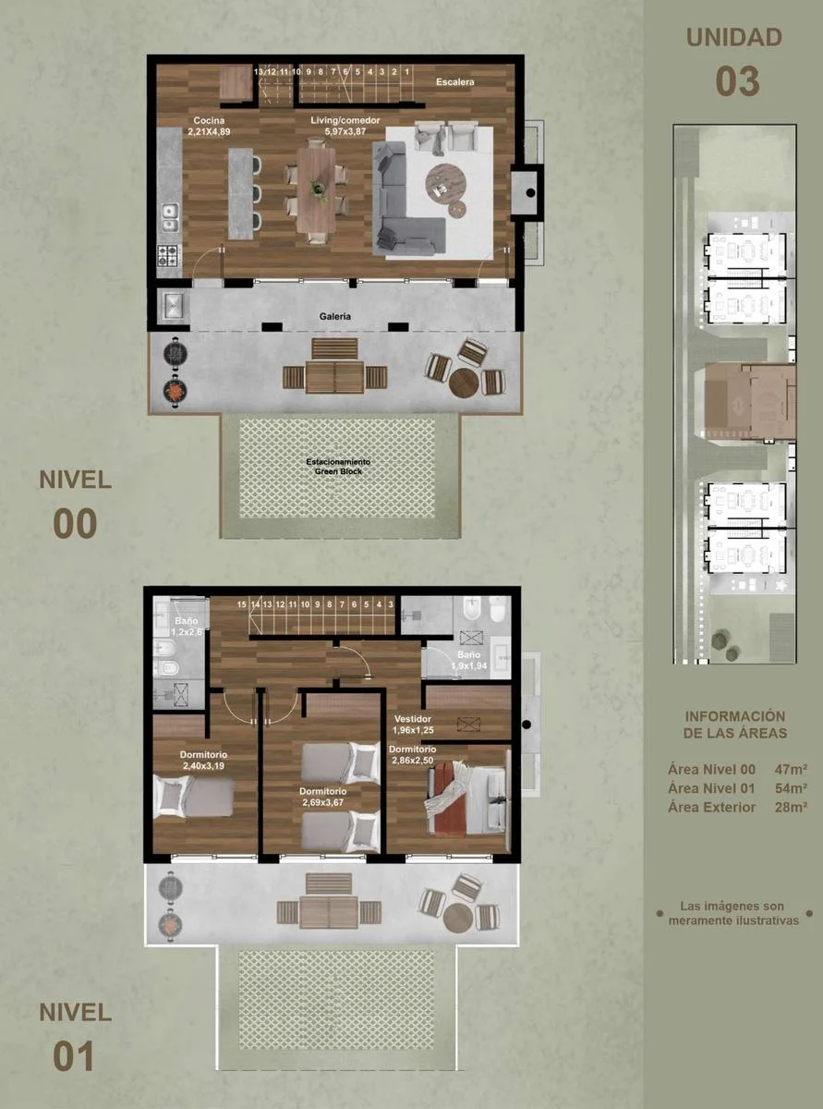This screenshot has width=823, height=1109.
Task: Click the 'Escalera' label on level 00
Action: click(454, 81)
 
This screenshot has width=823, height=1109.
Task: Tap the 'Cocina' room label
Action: click(209, 120)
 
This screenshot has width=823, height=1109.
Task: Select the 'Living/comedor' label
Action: click(345, 120)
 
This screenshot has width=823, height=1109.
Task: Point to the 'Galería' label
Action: click(335, 316)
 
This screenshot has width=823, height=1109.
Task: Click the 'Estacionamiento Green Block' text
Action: click(338, 466)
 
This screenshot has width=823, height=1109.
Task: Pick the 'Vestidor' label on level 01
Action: click(413, 719)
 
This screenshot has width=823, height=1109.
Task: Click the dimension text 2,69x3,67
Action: click(323, 803)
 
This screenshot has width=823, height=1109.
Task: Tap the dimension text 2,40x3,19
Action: click(204, 766)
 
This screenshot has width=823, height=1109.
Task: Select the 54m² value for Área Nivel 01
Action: click(791, 788)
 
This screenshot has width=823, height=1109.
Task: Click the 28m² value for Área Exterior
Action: click(791, 808)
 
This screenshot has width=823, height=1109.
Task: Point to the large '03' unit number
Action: click(737, 81)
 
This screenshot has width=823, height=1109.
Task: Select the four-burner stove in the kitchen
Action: click(169, 255)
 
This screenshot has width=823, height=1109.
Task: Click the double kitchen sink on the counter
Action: click(170, 220)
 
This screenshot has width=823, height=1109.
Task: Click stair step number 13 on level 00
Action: click(259, 72)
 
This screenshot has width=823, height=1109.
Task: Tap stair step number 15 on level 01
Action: click(242, 604)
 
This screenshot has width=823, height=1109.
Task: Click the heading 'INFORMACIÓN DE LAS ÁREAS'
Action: click(735, 725)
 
